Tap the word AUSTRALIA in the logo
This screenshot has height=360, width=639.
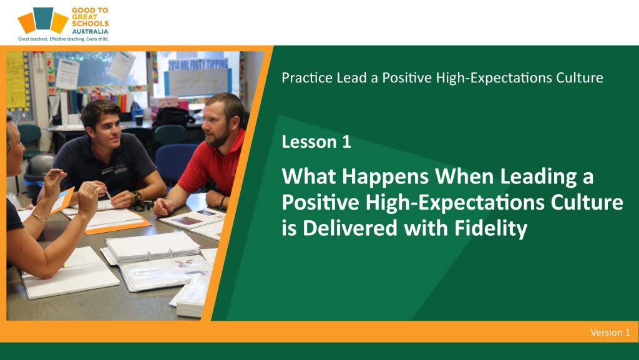[x=90, y=31]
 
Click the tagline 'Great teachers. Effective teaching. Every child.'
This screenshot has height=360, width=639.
[x=64, y=39]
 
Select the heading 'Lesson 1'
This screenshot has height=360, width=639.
[x=316, y=142]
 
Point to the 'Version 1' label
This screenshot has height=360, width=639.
[x=610, y=333]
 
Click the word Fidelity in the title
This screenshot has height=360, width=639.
[x=490, y=228]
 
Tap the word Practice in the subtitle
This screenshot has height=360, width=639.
[x=306, y=77]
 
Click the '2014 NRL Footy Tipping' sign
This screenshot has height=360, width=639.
[x=198, y=64]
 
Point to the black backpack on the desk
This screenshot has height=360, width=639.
[x=173, y=116]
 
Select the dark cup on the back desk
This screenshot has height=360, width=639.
[x=139, y=120]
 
